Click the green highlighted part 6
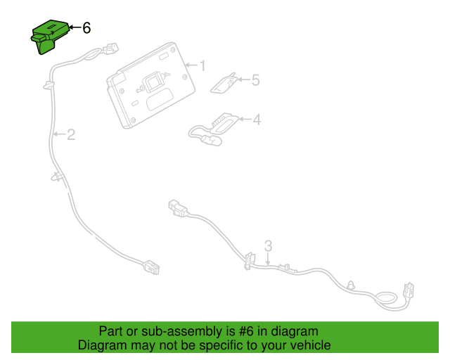[x=49, y=37]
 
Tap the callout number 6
[x=86, y=28]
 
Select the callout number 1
[x=202, y=65]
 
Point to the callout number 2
[x=71, y=134]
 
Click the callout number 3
[x=268, y=246]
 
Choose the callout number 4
[x=257, y=120]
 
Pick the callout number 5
[x=255, y=80]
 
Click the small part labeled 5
[x=224, y=84]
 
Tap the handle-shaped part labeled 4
[x=214, y=129]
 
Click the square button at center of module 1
[x=155, y=82]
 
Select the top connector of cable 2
[x=111, y=49]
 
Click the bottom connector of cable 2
[x=151, y=267]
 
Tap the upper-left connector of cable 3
[x=178, y=208]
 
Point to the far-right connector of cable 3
[x=409, y=290]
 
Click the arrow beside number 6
[x=75, y=27]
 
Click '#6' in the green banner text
[x=246, y=331]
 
